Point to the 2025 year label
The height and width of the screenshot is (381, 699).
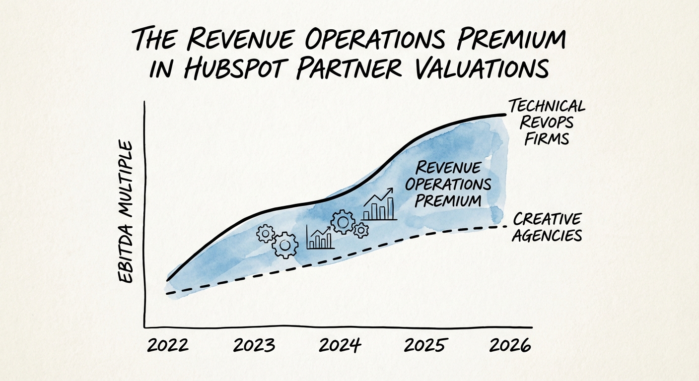pyautogui.click(x=426, y=345)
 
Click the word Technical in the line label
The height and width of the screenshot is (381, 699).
pyautogui.click(x=546, y=106)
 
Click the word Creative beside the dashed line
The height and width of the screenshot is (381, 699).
pyautogui.click(x=547, y=218)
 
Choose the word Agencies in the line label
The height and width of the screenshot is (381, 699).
pyautogui.click(x=546, y=235)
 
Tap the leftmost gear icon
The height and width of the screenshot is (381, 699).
pyautogui.click(x=266, y=233)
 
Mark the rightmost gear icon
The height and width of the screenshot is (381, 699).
pyautogui.click(x=361, y=229)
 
